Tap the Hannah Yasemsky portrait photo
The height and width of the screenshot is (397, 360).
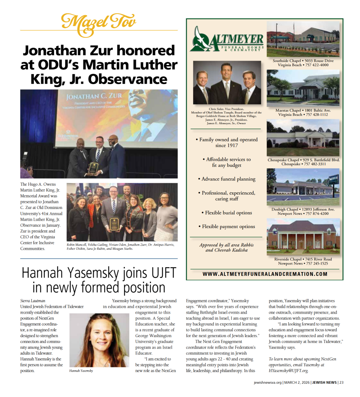click(99, 340)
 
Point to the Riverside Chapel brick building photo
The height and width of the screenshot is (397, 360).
click(303, 237)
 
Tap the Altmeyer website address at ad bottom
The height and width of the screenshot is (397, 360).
click(264, 274)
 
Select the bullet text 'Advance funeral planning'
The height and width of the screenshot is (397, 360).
click(228, 179)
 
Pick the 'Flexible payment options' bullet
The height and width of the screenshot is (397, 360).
click(228, 227)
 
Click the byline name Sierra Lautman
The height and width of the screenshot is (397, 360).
click(33, 301)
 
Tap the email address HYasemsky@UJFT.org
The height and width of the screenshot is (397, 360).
click(289, 371)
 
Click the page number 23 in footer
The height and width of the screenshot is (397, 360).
click(341, 382)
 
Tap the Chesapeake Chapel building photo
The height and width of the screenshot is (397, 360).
click(303, 138)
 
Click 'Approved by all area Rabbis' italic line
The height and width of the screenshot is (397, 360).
click(227, 245)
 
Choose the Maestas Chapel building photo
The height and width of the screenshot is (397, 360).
click(303, 88)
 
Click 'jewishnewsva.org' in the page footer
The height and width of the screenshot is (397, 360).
click(268, 382)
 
